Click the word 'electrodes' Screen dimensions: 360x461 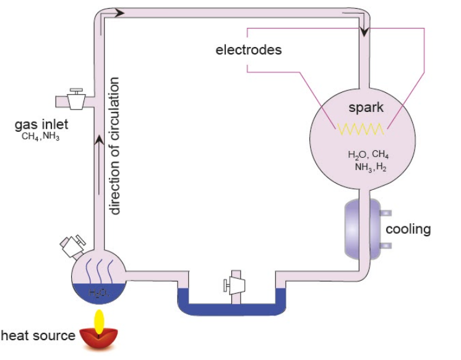pos(248,49)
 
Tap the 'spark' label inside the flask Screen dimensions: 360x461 pos(366,108)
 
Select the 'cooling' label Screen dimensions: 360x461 pos(408,229)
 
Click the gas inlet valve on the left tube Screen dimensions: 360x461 pos(76,98)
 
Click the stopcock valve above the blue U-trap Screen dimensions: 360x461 pos(235,284)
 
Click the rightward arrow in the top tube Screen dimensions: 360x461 pos(120,12)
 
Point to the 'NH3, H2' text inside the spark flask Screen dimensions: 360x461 pos(370,167)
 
